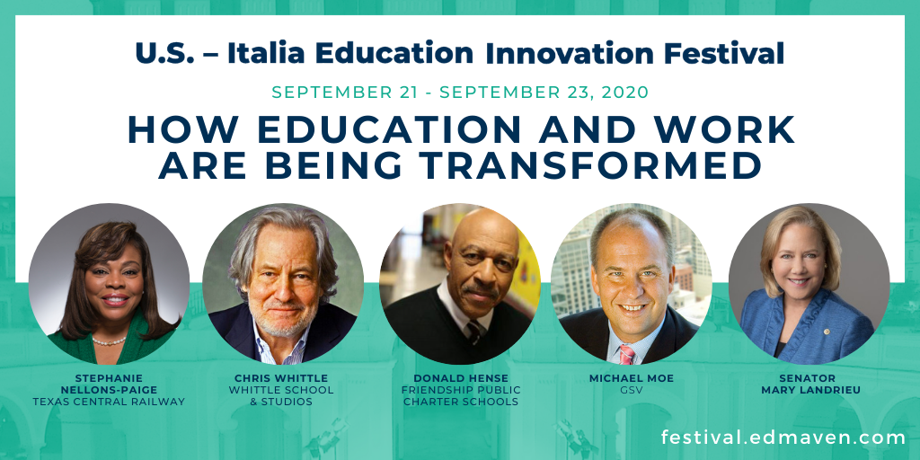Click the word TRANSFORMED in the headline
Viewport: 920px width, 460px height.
click(593, 166)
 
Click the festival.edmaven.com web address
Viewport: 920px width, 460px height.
click(783, 438)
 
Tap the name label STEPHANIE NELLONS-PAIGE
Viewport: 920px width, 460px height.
click(109, 384)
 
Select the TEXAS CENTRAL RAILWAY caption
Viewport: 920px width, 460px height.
click(109, 402)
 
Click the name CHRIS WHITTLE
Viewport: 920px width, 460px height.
click(281, 378)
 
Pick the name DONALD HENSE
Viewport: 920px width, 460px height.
click(461, 378)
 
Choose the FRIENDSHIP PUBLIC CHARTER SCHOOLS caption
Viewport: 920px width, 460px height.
click(461, 396)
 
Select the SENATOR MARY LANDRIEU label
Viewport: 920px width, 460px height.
click(810, 384)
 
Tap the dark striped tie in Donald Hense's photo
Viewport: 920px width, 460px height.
click(473, 332)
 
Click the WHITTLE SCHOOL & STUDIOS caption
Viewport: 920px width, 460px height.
click(281, 396)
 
